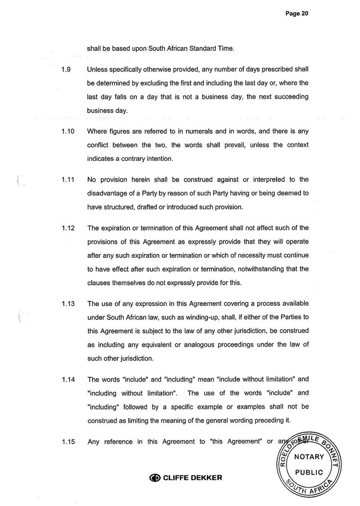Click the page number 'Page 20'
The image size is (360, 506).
pyautogui.click(x=296, y=14)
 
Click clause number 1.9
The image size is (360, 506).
pyautogui.click(x=67, y=70)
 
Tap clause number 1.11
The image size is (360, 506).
pyautogui.click(x=68, y=180)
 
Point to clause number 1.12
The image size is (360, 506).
pyautogui.click(x=68, y=228)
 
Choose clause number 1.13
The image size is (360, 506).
pyautogui.click(x=68, y=303)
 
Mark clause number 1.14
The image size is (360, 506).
pyautogui.click(x=68, y=379)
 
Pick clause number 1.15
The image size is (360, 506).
pyautogui.click(x=68, y=442)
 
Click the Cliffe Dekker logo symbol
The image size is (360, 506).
pyautogui.click(x=155, y=478)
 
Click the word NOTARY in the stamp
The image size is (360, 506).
pyautogui.click(x=309, y=457)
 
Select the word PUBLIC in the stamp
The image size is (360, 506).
pyautogui.click(x=309, y=472)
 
